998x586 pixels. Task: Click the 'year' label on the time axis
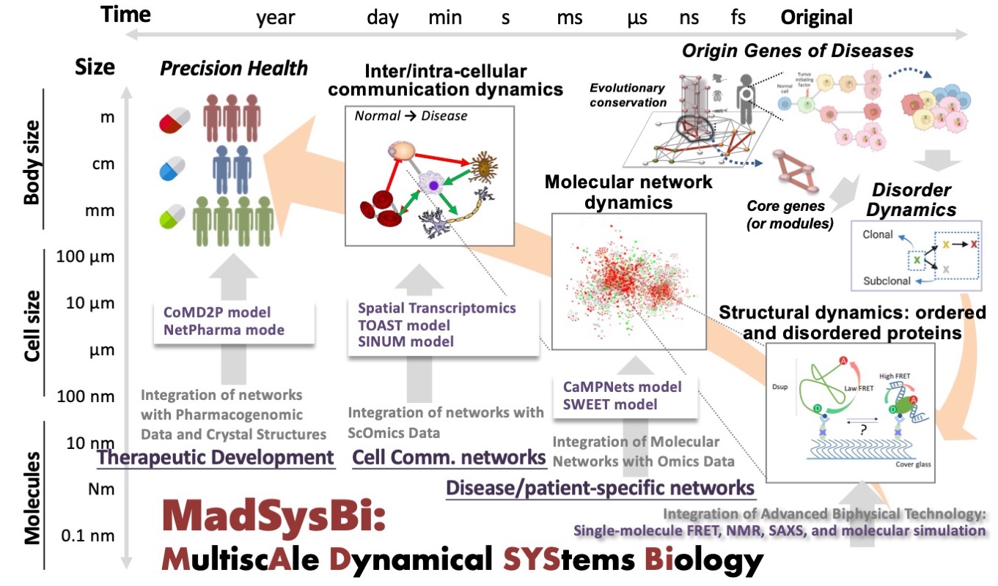275,18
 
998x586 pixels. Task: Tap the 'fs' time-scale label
739,18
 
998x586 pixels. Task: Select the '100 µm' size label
87,257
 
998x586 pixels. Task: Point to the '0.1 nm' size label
88,535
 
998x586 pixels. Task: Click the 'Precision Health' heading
234,69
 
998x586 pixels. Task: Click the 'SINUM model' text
406,341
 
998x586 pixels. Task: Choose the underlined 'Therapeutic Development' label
216,458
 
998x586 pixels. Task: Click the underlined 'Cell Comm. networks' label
450,458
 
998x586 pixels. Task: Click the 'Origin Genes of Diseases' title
798,51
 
